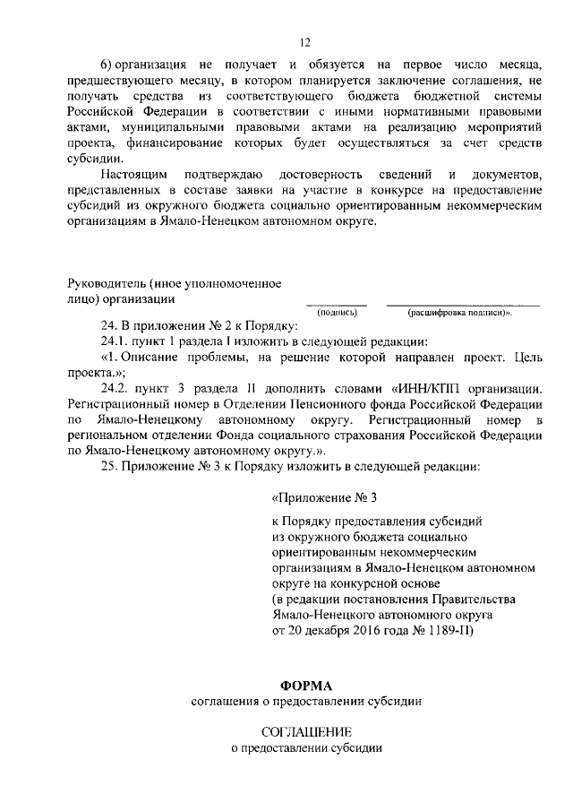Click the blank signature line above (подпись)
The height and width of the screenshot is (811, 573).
pos(338,305)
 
